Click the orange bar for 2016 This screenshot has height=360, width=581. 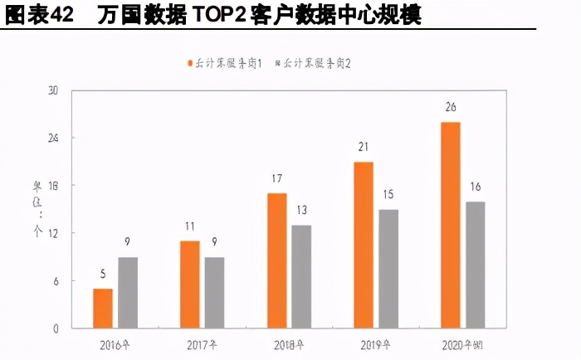[103, 308]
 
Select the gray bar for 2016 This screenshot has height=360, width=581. [128, 292]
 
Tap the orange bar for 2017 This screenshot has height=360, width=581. [189, 285]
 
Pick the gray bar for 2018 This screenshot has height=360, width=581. [301, 276]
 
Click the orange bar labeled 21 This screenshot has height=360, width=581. [363, 245]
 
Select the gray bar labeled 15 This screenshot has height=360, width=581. [388, 268]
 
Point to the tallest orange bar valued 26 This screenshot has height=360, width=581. [450, 225]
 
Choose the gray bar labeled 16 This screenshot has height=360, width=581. [475, 265]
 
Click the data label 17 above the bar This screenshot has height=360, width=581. [276, 179]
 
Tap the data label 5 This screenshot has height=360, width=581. [103, 275]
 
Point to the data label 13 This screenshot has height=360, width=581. [301, 211]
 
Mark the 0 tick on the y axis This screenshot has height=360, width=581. [56, 328]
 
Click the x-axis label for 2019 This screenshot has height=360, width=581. [375, 343]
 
